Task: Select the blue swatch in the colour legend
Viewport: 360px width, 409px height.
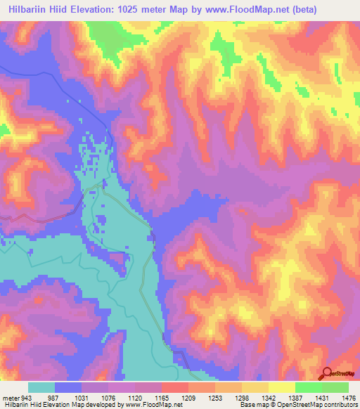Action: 67,388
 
